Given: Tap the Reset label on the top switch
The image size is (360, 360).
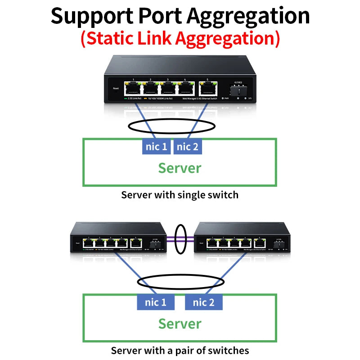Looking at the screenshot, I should pyautogui.click(x=116, y=89).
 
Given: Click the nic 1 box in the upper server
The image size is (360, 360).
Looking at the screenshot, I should pyautogui.click(x=156, y=146).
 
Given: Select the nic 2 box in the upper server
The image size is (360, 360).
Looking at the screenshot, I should pyautogui.click(x=188, y=146).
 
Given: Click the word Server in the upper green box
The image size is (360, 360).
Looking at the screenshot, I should pyautogui.click(x=180, y=168).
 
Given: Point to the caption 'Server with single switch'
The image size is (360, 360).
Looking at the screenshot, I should pyautogui.click(x=180, y=195).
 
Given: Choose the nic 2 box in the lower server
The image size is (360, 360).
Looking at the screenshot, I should pyautogui.click(x=204, y=302).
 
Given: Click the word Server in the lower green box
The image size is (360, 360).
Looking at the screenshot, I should pyautogui.click(x=180, y=324).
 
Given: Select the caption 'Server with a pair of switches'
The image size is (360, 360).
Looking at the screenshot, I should pyautogui.click(x=180, y=350).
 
